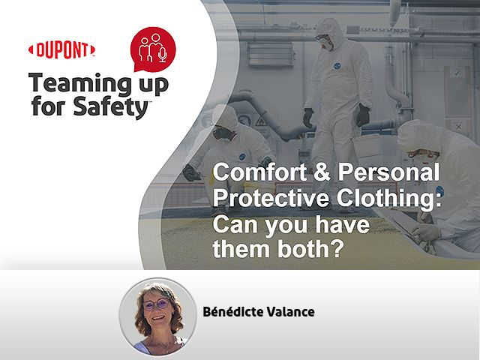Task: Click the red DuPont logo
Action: click(x=61, y=49)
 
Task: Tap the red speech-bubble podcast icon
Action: click(x=153, y=49)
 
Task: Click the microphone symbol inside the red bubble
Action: click(x=163, y=55)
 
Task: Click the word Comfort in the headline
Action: click(x=259, y=172)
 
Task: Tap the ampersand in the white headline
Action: click(x=322, y=172)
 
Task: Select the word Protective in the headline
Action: click(x=271, y=198)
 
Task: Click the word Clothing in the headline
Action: click(x=388, y=198)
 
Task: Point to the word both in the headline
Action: click(x=310, y=248)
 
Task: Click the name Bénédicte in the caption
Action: click(x=233, y=312)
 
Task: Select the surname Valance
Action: click(x=290, y=312)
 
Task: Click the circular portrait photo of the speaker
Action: click(x=157, y=316)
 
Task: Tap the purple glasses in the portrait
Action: click(x=157, y=304)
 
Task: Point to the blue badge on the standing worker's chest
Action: click(x=337, y=66)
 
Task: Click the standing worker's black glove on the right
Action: click(x=363, y=115)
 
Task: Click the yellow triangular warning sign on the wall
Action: click(x=262, y=122)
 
